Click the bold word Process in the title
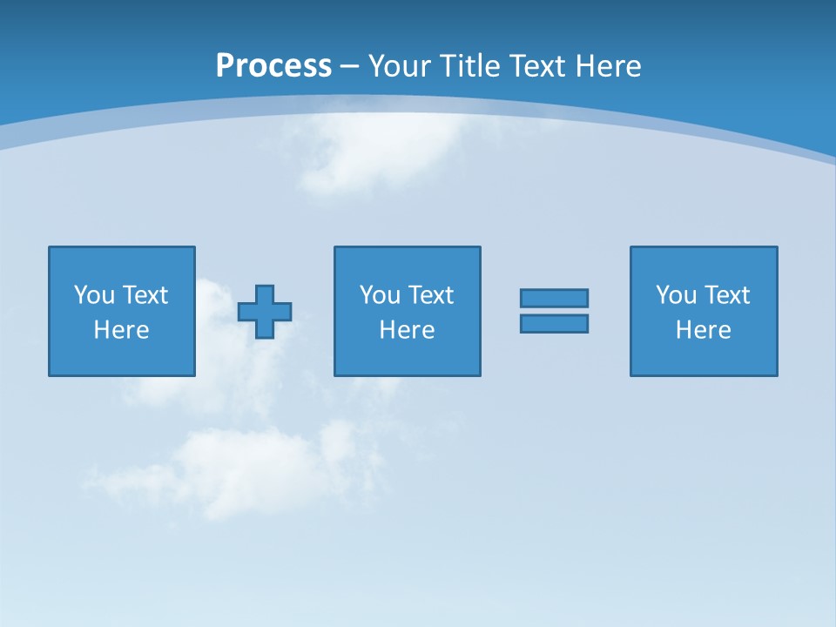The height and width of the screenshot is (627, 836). [273, 66]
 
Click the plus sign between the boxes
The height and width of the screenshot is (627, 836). [265, 312]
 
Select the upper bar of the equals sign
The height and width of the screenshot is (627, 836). [554, 298]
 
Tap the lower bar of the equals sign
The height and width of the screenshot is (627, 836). [554, 324]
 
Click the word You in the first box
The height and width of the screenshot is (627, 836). [95, 295]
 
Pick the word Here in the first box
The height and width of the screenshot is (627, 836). [122, 330]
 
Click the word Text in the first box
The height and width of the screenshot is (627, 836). [145, 295]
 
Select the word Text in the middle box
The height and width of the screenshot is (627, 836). [430, 295]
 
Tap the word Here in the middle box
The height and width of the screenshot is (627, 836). [407, 330]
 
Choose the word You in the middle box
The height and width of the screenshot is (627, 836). [381, 295]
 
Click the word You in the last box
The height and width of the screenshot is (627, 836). [677, 295]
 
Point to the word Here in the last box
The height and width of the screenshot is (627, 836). [703, 330]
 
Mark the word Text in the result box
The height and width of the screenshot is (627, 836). [726, 295]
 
